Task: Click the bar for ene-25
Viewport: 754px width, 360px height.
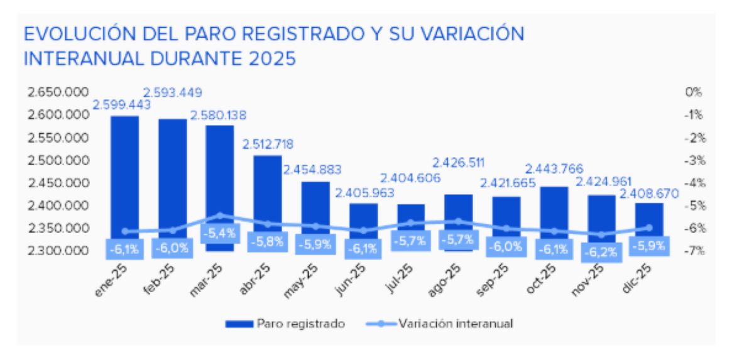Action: point(124,170)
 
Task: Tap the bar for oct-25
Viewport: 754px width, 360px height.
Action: point(554,207)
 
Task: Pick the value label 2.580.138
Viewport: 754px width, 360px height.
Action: point(218,116)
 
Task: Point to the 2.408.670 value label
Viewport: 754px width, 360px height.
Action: point(650,194)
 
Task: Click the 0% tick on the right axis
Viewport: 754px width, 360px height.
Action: point(694,92)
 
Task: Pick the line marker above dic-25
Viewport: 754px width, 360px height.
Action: point(650,227)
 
